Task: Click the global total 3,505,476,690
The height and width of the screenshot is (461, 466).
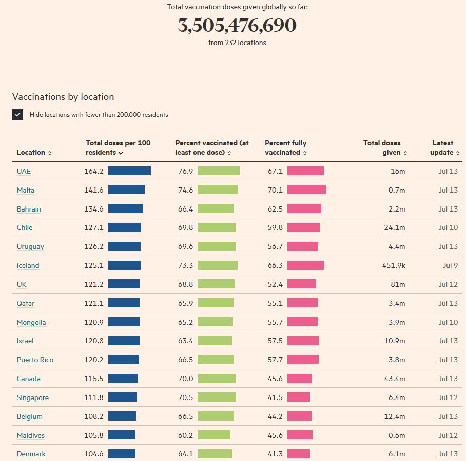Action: click(237, 26)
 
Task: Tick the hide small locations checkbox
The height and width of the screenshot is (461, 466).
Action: click(18, 115)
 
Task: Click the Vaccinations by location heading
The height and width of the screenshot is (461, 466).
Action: click(63, 97)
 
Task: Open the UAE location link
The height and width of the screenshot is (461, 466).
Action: click(24, 171)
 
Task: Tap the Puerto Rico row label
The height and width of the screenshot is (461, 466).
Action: click(35, 360)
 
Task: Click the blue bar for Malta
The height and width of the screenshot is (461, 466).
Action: click(126, 190)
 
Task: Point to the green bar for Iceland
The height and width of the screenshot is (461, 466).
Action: click(218, 265)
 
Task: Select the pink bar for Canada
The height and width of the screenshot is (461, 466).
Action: click(300, 379)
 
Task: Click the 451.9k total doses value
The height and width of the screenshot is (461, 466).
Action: click(394, 265)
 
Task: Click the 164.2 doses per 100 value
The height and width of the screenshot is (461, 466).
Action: click(94, 171)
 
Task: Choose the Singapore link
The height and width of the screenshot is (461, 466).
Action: click(32, 397)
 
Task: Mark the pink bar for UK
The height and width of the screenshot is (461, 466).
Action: click(302, 284)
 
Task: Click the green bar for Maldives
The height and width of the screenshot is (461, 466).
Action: click(214, 435)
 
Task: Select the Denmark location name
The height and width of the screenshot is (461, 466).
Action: click(31, 454)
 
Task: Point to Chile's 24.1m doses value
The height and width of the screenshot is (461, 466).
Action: click(395, 227)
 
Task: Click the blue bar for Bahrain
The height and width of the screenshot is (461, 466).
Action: click(126, 209)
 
